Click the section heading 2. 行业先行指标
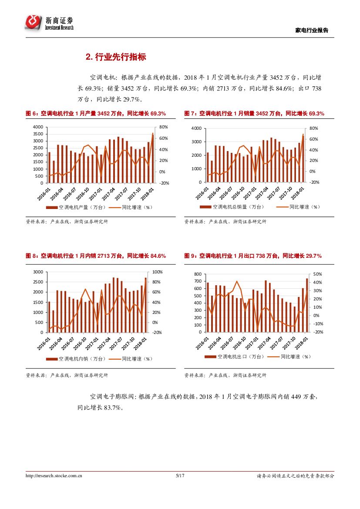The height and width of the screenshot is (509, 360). click(x=116, y=57)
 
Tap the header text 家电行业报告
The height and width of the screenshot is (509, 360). click(x=312, y=30)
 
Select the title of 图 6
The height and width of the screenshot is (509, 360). click(x=96, y=114)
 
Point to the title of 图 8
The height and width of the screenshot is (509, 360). click(x=96, y=256)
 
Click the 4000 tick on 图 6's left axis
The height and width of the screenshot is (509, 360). click(x=38, y=127)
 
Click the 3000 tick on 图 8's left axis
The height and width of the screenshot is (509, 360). click(x=38, y=272)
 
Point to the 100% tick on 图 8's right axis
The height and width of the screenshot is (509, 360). click(x=157, y=272)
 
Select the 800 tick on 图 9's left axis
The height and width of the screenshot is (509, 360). click(x=198, y=274)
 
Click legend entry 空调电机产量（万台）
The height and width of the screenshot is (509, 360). click(x=76, y=207)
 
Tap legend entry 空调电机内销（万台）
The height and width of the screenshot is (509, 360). click(x=76, y=359)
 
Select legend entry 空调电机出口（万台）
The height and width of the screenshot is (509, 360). click(x=235, y=357)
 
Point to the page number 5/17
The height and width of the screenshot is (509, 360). click(x=180, y=476)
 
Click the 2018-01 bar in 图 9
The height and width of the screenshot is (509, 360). click(x=306, y=305)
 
